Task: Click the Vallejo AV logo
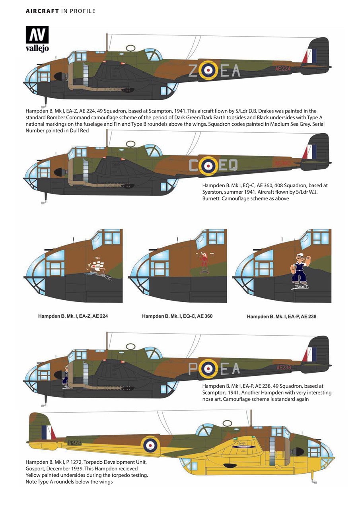click(37, 39)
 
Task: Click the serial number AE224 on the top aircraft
click(283, 69)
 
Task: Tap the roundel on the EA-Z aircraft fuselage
click(208, 70)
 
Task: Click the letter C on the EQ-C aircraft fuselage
click(193, 165)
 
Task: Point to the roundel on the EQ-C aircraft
click(208, 165)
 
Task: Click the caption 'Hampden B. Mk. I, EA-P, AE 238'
click(281, 317)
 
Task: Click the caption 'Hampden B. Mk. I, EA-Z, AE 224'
click(73, 316)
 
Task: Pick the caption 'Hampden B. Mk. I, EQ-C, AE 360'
click(177, 316)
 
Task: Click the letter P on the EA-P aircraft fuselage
click(193, 369)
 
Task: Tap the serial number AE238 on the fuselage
click(284, 367)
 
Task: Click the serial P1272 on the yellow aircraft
click(74, 443)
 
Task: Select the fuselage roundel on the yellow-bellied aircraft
click(150, 445)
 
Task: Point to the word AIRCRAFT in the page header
click(42, 11)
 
